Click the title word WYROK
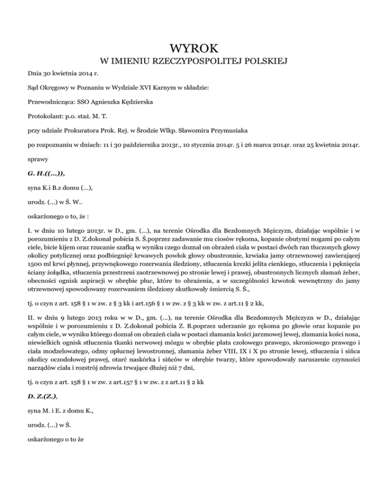click(194, 48)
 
